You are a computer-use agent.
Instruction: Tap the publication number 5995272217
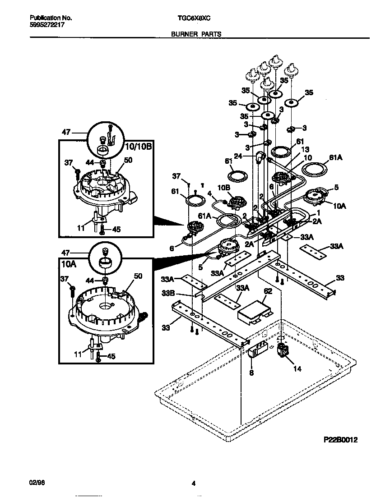[47, 25]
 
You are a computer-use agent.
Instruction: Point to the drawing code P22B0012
[340, 440]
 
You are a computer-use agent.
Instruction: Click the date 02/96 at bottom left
[37, 483]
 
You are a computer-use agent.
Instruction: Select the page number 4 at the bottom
[193, 484]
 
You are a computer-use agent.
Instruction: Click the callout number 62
[268, 291]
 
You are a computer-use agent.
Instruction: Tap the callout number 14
[297, 368]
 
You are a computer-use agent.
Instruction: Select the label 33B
[168, 293]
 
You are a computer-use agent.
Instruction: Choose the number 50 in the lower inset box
[138, 276]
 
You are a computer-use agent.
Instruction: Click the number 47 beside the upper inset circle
[66, 133]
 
